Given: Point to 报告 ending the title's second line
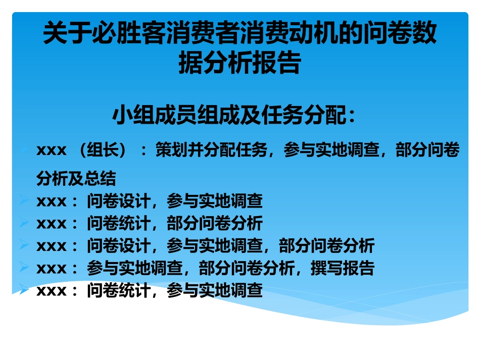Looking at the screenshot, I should (x=280, y=64).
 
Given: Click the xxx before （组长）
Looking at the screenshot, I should (x=52, y=150).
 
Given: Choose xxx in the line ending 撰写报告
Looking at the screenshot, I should (x=52, y=268).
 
